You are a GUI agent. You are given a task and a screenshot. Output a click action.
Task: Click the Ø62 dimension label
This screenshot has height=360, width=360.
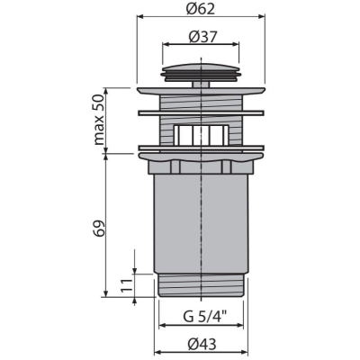pos(201,9)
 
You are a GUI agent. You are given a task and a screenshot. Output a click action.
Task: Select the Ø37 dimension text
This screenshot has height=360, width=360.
pos(202,37)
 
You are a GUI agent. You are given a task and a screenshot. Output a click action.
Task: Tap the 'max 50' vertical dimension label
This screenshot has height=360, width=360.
pos(99,120)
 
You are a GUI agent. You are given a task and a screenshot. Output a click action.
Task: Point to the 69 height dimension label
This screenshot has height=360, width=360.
pos(100,229)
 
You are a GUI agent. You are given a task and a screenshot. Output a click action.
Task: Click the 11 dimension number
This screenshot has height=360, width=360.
pos(127,285)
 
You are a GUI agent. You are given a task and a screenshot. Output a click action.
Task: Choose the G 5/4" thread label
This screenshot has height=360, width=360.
pos(205,317)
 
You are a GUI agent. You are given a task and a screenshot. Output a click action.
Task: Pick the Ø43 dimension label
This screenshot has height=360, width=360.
pos(202,344)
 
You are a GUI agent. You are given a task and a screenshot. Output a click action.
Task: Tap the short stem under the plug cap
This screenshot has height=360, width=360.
pos(201,85)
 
